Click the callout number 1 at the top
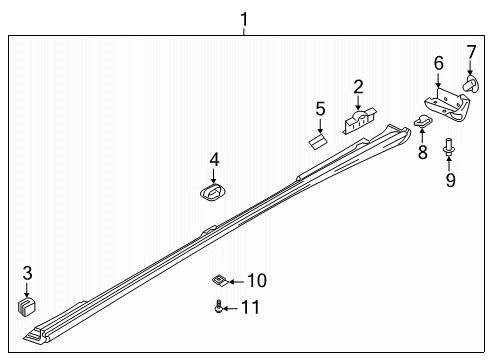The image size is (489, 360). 244,19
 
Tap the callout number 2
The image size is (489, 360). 358,87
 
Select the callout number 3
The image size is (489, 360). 27,273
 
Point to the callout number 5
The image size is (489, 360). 320,109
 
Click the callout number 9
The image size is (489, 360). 450,180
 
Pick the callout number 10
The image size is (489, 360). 257,280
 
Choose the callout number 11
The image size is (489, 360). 250,307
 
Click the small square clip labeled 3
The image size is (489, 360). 27,307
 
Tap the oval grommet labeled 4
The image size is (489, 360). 213,192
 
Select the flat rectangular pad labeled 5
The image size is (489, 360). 318,142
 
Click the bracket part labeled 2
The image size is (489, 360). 359,121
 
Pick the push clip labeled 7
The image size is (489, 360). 471,83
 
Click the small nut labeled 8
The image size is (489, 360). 423,121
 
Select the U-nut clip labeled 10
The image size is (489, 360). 220,280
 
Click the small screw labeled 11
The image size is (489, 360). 218,306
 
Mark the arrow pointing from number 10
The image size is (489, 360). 236,282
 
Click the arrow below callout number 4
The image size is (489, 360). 213,176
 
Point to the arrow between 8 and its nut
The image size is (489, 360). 422,135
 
